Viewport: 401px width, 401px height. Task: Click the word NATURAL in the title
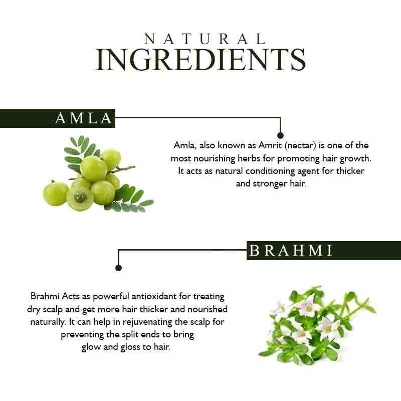205,39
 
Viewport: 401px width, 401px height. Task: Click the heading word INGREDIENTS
201,60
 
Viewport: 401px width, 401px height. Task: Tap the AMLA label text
84,118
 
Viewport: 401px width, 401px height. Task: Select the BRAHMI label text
291,250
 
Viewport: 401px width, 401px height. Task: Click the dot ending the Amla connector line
280,135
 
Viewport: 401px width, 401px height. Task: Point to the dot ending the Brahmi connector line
118,268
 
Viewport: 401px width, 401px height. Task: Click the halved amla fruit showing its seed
80,197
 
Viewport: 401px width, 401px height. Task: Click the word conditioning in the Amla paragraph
270,171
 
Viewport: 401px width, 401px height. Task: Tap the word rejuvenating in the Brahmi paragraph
147,322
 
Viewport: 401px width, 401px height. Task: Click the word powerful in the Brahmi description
111,297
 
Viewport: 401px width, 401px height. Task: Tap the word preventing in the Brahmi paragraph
82,335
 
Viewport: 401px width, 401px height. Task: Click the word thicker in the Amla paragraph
350,171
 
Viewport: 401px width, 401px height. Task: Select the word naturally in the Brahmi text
48,322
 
